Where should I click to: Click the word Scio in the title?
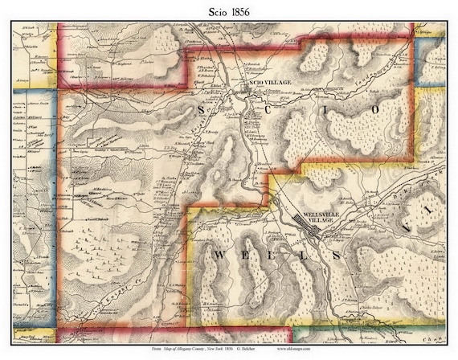tap(215, 10)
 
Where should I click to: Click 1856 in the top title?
tap(241, 10)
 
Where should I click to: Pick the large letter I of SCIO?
tap(321, 108)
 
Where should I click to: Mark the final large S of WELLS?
tap(355, 255)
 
